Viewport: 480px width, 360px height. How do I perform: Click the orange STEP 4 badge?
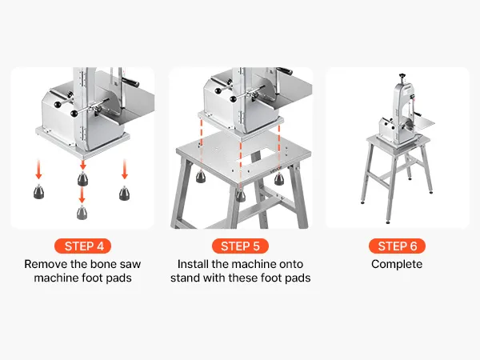[x=82, y=246]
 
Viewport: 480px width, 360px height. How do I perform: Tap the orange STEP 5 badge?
[x=240, y=246]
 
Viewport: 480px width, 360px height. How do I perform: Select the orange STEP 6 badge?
[x=397, y=246]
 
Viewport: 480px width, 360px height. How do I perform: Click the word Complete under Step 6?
[x=397, y=264]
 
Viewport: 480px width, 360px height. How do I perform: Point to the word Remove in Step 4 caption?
[x=46, y=264]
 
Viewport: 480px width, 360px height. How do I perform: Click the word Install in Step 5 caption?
[x=193, y=264]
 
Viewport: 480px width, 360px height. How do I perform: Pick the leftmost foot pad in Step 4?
[x=39, y=192]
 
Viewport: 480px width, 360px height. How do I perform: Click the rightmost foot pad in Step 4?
[x=124, y=193]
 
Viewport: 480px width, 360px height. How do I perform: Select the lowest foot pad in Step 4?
[x=82, y=212]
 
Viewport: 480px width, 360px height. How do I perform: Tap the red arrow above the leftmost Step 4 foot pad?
[x=38, y=169]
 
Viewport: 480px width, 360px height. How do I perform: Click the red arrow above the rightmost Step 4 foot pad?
[x=124, y=169]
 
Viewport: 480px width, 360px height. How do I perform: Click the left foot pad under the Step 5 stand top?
[x=201, y=177]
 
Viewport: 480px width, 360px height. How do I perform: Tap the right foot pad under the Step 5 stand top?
[x=279, y=178]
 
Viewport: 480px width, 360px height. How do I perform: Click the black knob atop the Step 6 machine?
[x=402, y=75]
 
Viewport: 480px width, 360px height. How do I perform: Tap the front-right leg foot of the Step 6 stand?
[x=388, y=222]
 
